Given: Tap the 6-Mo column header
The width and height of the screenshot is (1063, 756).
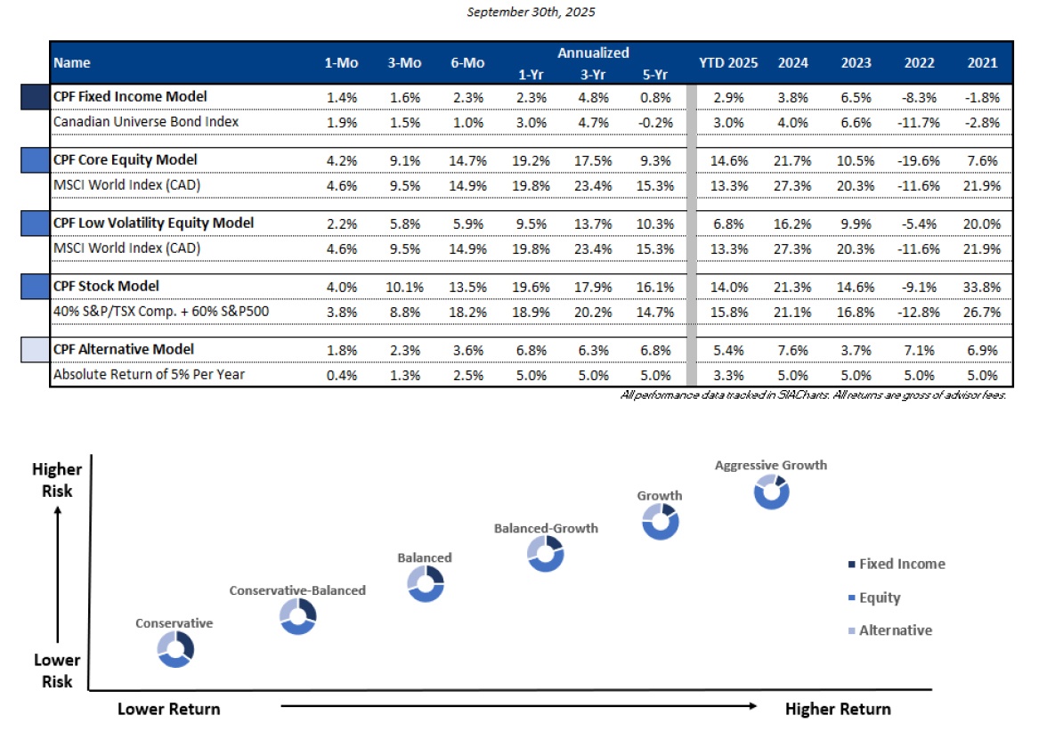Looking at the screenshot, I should click(461, 63).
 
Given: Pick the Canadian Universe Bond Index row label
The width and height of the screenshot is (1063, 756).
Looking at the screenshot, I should click(146, 121).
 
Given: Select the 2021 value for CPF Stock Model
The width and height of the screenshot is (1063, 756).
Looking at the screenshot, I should click(983, 286).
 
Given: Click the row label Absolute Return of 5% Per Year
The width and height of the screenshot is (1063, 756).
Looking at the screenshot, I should click(149, 375).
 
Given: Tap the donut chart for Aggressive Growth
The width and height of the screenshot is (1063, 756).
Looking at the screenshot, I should click(771, 492).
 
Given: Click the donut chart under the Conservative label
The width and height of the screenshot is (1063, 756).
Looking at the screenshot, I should click(175, 650).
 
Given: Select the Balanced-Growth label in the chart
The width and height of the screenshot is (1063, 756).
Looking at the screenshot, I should click(546, 528).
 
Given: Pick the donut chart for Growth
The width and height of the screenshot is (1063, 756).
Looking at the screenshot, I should click(660, 522).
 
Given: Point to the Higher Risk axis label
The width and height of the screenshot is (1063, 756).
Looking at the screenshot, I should click(57, 480).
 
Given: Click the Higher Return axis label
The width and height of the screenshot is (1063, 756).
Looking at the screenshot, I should click(837, 709).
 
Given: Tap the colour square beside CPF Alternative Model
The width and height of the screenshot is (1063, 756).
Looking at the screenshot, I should click(35, 350).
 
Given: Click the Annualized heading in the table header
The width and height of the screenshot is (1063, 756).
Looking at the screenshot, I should click(593, 53).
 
